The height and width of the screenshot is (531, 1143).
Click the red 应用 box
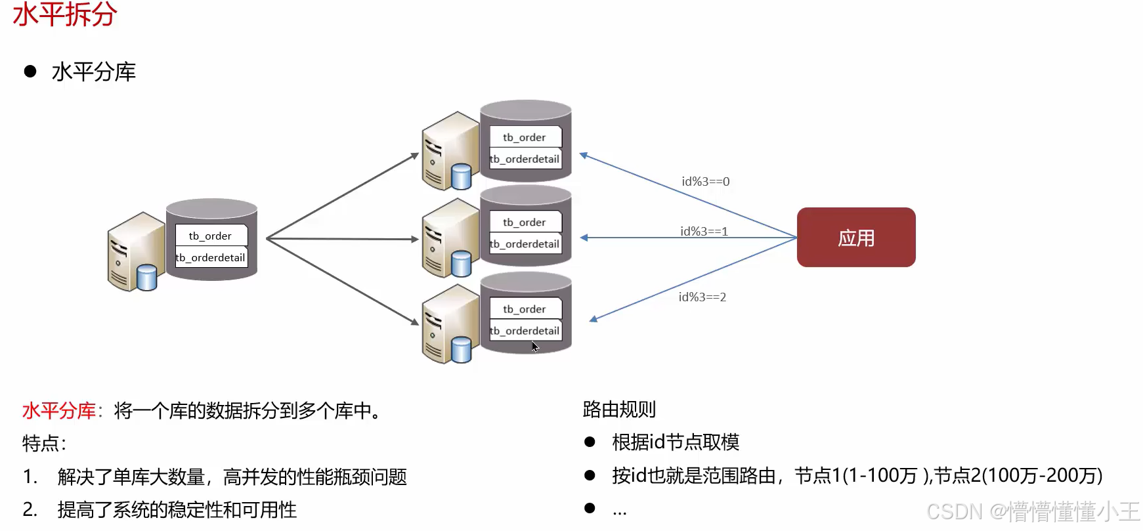click(855, 238)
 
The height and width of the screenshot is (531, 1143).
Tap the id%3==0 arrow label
click(705, 181)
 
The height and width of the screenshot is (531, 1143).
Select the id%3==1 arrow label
click(704, 231)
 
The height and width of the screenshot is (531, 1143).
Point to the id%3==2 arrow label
click(702, 297)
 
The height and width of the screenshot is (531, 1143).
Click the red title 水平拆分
click(64, 14)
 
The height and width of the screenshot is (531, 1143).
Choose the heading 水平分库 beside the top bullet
click(93, 72)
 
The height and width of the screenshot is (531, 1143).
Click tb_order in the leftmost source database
click(210, 236)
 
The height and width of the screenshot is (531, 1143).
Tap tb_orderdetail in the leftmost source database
click(211, 257)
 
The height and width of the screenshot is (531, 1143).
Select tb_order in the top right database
click(524, 137)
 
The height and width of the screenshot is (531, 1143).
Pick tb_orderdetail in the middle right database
click(525, 244)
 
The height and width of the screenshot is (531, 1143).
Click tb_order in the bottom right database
click(524, 309)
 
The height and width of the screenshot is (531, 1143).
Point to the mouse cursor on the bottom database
click(535, 347)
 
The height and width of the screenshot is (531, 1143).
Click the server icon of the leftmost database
click(135, 252)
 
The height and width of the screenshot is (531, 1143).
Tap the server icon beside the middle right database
click(450, 238)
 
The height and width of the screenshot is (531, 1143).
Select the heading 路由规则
click(618, 410)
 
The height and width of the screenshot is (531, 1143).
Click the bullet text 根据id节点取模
click(675, 442)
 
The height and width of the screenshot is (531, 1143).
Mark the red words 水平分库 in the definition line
click(59, 411)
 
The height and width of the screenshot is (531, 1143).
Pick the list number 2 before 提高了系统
click(29, 509)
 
